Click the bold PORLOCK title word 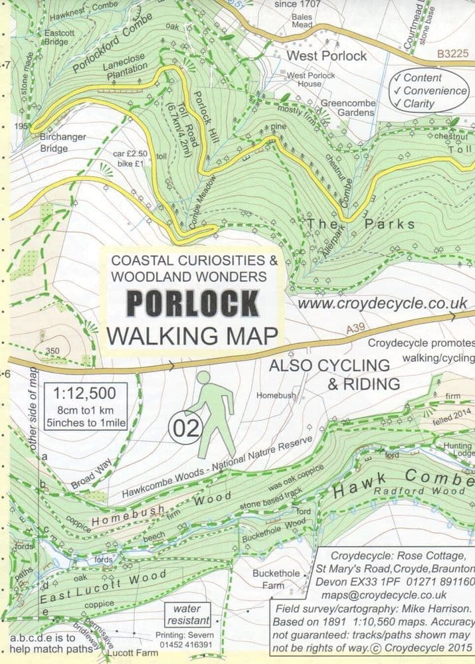[192, 303]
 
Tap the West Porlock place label [326, 56]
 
